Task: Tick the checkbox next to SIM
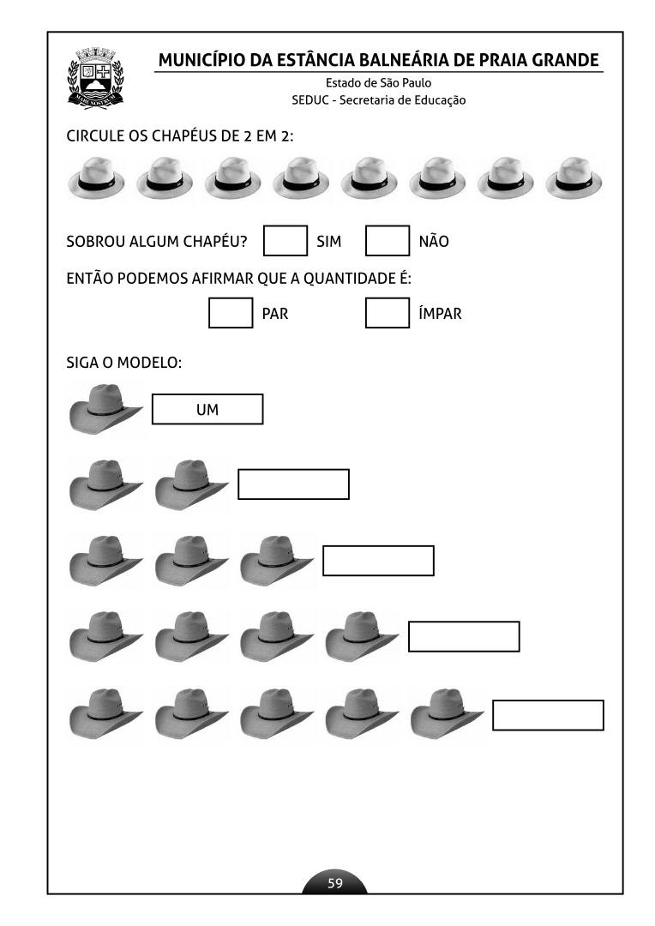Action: point(285,241)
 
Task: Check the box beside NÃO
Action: point(388,241)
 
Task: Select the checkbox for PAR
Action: point(231,313)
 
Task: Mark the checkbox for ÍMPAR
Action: point(388,313)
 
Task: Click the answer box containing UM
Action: point(207,410)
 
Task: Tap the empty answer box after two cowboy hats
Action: point(293,484)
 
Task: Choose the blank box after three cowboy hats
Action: point(378,561)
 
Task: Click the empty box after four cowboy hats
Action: point(464,637)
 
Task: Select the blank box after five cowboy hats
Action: point(548,715)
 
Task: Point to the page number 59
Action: point(335,883)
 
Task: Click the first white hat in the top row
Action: point(97,177)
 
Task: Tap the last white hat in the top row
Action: point(574,177)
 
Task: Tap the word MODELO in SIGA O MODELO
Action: point(152,362)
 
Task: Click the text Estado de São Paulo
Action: point(378,83)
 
